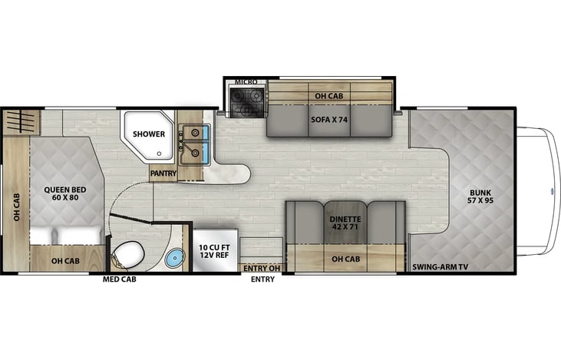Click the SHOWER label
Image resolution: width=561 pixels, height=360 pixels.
pos(149,134)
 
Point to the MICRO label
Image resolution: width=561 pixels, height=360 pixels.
pos(245,81)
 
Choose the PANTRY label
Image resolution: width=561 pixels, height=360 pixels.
pos(163,173)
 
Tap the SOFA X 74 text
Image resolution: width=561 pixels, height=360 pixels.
pos(328,120)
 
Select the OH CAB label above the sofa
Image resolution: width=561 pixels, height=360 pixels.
pos(328,96)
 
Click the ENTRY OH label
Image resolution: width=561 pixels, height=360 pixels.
pos(262,268)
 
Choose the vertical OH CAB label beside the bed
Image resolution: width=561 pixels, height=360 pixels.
pos(15,208)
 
